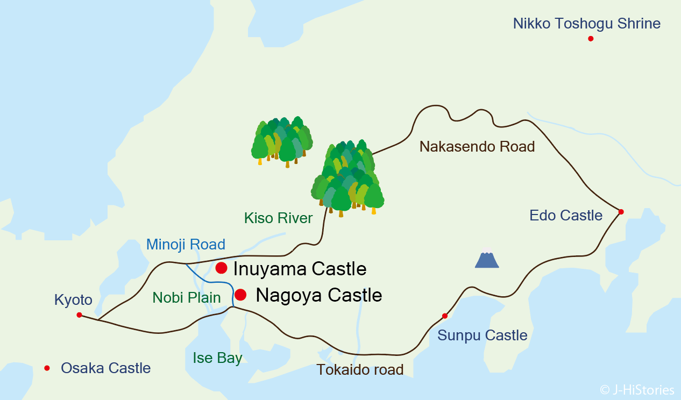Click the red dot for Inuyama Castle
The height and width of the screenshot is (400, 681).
(x=221, y=268)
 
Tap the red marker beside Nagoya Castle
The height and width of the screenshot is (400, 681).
(x=240, y=295)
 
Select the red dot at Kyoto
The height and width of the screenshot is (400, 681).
(x=79, y=315)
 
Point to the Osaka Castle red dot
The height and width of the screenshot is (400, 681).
(x=47, y=368)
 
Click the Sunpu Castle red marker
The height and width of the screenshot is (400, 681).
(x=444, y=316)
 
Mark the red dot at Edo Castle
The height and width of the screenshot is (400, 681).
(x=621, y=212)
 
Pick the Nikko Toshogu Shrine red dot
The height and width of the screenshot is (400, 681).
(x=591, y=39)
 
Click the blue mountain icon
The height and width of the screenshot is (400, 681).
(x=487, y=259)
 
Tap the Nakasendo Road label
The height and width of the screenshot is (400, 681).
(x=477, y=147)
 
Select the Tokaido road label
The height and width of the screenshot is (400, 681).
(x=360, y=370)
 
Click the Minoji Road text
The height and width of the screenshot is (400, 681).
(x=186, y=245)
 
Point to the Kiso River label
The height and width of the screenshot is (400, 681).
(x=278, y=218)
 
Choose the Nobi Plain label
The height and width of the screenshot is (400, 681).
(x=187, y=298)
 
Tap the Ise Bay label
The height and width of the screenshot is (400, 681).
(x=217, y=358)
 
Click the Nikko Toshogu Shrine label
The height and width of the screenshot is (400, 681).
(x=586, y=24)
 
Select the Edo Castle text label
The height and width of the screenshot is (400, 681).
(x=566, y=216)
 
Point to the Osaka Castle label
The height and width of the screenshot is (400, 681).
(x=105, y=368)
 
